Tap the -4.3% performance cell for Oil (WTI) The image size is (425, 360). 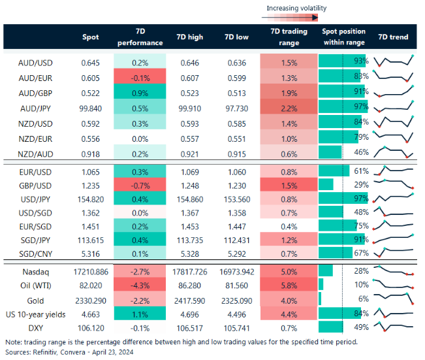click(140, 284)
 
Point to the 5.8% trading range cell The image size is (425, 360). click(285, 284)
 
